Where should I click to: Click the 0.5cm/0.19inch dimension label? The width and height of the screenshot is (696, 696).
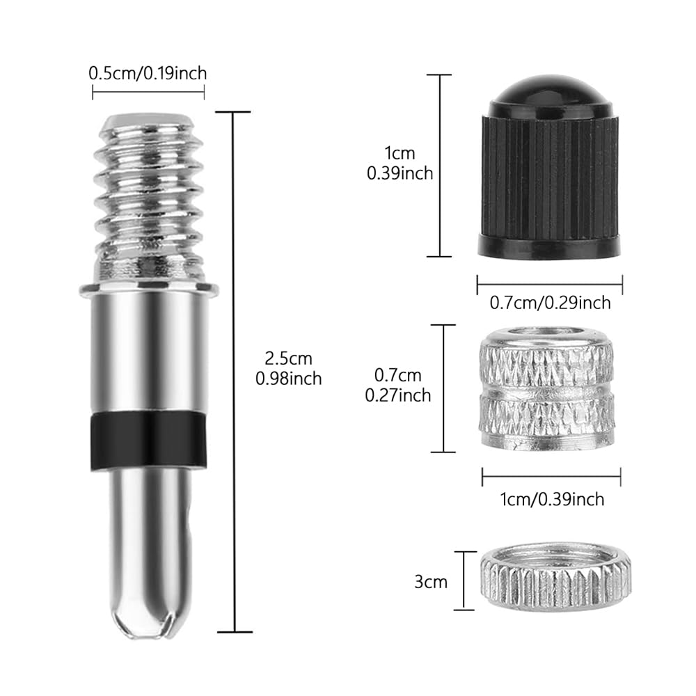click(148, 73)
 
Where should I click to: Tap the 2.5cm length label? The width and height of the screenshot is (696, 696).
click(289, 358)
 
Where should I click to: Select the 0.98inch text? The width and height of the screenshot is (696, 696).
click(289, 379)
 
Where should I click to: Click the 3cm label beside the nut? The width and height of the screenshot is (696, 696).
click(431, 581)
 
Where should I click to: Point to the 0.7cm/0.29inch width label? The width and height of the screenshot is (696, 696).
click(551, 303)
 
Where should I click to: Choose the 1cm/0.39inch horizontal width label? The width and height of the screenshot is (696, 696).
click(552, 499)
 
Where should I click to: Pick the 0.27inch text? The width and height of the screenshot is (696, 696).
click(398, 395)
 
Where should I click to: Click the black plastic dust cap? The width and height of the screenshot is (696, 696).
click(549, 166)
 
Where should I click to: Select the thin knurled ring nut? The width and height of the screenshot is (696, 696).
click(555, 576)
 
